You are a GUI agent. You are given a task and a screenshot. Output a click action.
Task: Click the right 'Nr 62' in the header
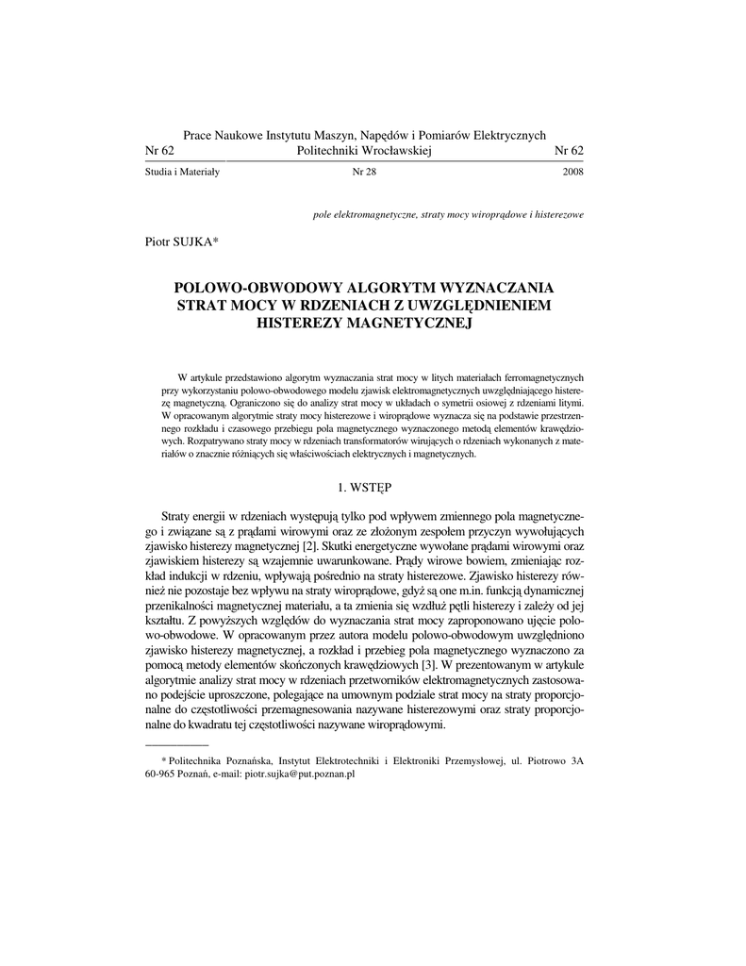(569, 151)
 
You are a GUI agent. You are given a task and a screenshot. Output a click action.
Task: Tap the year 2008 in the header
(572, 173)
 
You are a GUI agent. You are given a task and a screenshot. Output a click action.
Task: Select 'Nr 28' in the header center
(363, 173)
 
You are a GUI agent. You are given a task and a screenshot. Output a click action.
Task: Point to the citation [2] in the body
(309, 545)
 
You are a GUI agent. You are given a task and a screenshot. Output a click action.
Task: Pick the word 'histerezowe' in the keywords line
(558, 215)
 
